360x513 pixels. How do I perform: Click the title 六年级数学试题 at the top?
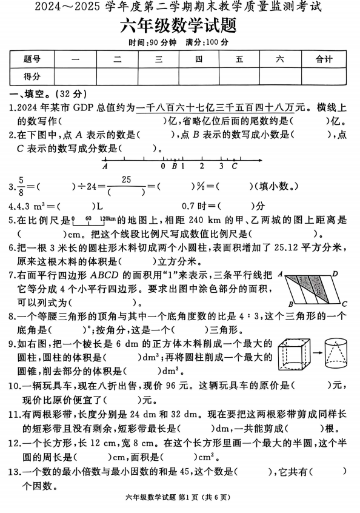pyautogui.click(x=179, y=26)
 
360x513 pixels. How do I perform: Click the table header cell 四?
pyautogui.click(x=199, y=59)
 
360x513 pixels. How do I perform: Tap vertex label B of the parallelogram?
pyautogui.click(x=291, y=304)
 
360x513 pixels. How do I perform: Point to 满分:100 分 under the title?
pyautogui.click(x=207, y=42)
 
